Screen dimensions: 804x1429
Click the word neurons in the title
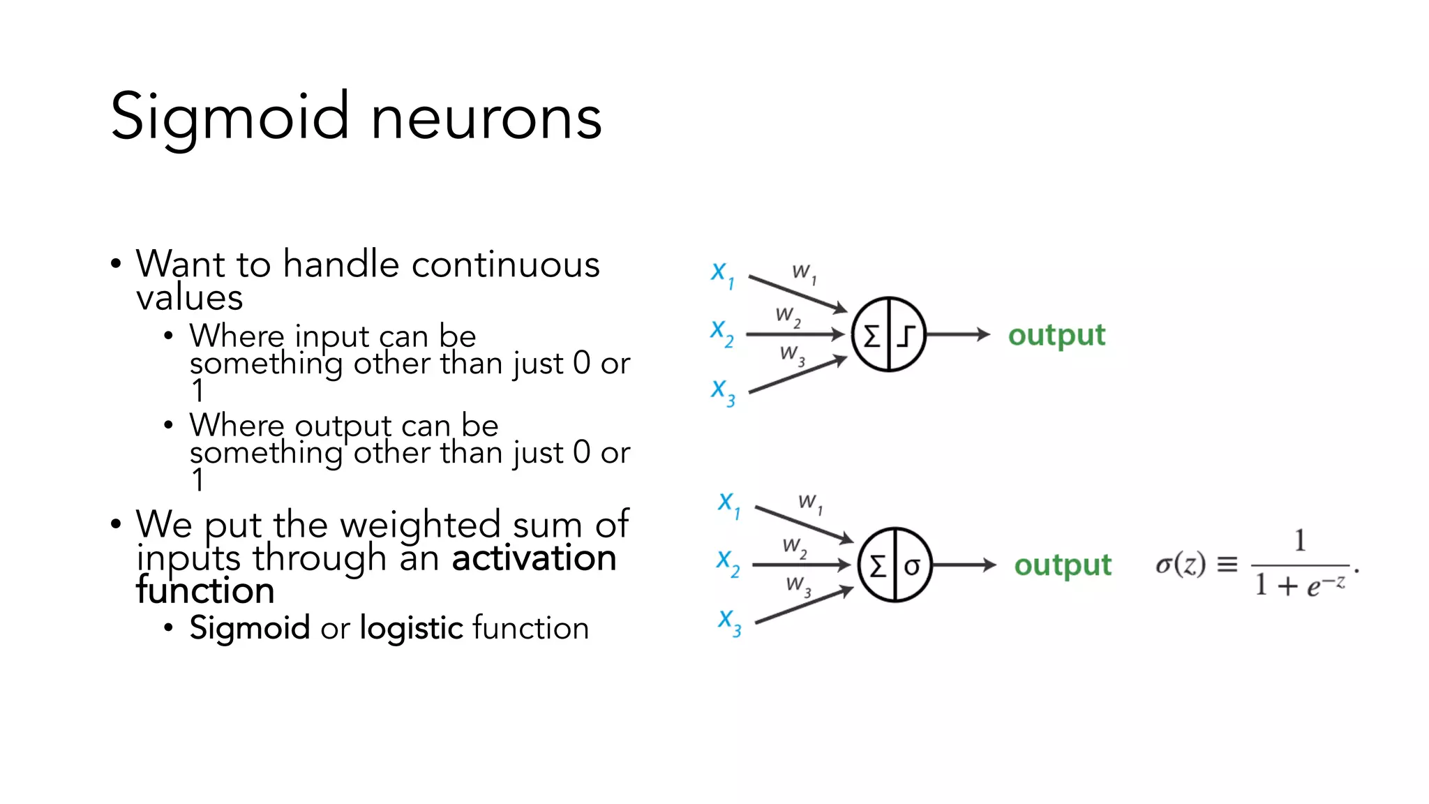[486, 119]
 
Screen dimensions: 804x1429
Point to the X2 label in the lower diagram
[728, 563]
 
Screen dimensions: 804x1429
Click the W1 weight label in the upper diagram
[804, 273]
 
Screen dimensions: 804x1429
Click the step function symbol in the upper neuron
[906, 336]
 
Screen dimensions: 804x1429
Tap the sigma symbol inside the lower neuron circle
[912, 566]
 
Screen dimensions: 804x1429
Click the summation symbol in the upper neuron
[871, 336]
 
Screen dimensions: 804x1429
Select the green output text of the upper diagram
[1056, 336]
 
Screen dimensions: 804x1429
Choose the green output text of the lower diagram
[1063, 565]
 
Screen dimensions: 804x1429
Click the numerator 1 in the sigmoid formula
[1300, 541]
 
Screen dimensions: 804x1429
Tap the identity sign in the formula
[1227, 564]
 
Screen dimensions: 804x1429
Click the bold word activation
[534, 558]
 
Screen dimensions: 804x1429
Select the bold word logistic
[411, 628]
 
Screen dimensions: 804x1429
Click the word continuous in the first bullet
[505, 265]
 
